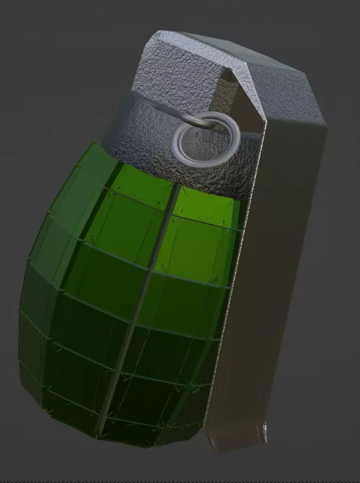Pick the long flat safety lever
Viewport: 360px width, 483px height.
262,275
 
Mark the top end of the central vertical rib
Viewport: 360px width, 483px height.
175,190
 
